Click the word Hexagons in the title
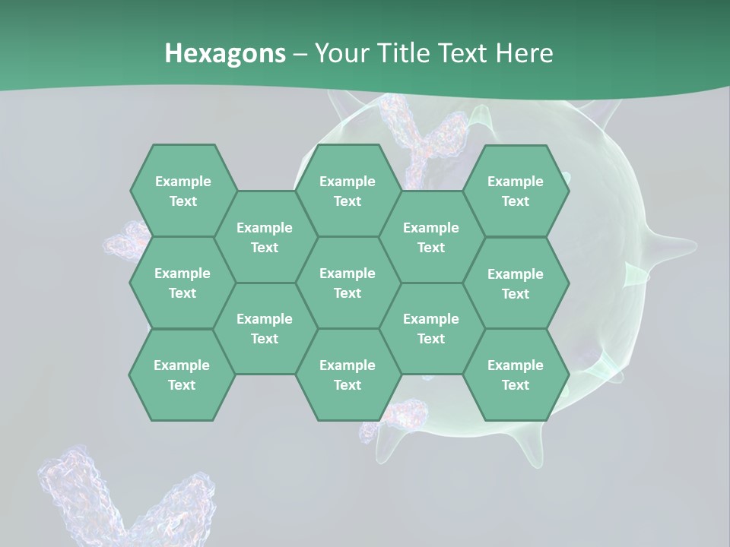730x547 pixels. [225, 53]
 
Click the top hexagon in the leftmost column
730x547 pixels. [182, 191]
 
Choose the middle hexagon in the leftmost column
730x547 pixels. [182, 283]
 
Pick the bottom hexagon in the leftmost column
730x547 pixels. [182, 375]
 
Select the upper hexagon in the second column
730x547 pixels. [265, 237]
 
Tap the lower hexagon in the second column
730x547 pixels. [265, 328]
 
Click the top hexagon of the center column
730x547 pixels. [348, 191]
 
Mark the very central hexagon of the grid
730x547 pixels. [348, 283]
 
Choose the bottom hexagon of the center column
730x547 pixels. [348, 375]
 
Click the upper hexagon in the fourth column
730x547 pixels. [431, 237]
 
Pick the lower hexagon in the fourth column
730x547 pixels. [431, 328]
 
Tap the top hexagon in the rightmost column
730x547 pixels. [516, 191]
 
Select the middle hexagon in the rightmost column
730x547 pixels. [516, 283]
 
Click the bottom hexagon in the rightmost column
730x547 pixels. [516, 375]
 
